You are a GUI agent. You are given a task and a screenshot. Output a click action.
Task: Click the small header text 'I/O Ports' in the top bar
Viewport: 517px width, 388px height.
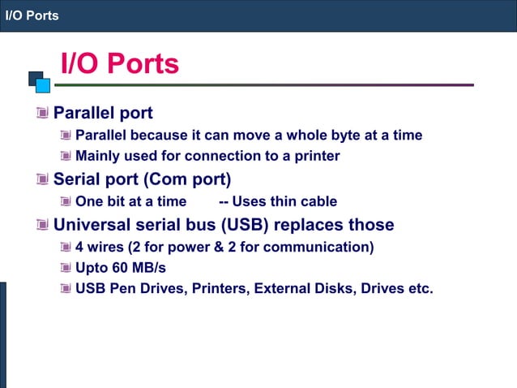pos(32,15)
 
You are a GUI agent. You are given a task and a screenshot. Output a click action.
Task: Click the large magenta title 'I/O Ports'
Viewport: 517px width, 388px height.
pos(120,63)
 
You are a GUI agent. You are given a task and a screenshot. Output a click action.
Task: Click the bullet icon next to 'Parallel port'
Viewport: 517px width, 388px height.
pos(42,112)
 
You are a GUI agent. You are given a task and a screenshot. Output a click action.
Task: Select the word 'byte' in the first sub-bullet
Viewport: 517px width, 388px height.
pos(350,135)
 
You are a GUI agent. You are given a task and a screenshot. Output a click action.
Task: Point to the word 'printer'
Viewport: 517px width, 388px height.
pos(316,155)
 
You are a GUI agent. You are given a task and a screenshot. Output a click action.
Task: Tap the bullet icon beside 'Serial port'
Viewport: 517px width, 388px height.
pos(42,179)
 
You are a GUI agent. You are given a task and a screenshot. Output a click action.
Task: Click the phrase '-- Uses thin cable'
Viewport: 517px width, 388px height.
pos(278,201)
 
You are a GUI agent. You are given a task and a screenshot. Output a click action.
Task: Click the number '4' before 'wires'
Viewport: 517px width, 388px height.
pos(79,247)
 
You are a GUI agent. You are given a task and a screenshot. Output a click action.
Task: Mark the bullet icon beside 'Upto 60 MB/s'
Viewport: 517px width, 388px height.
pos(66,267)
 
